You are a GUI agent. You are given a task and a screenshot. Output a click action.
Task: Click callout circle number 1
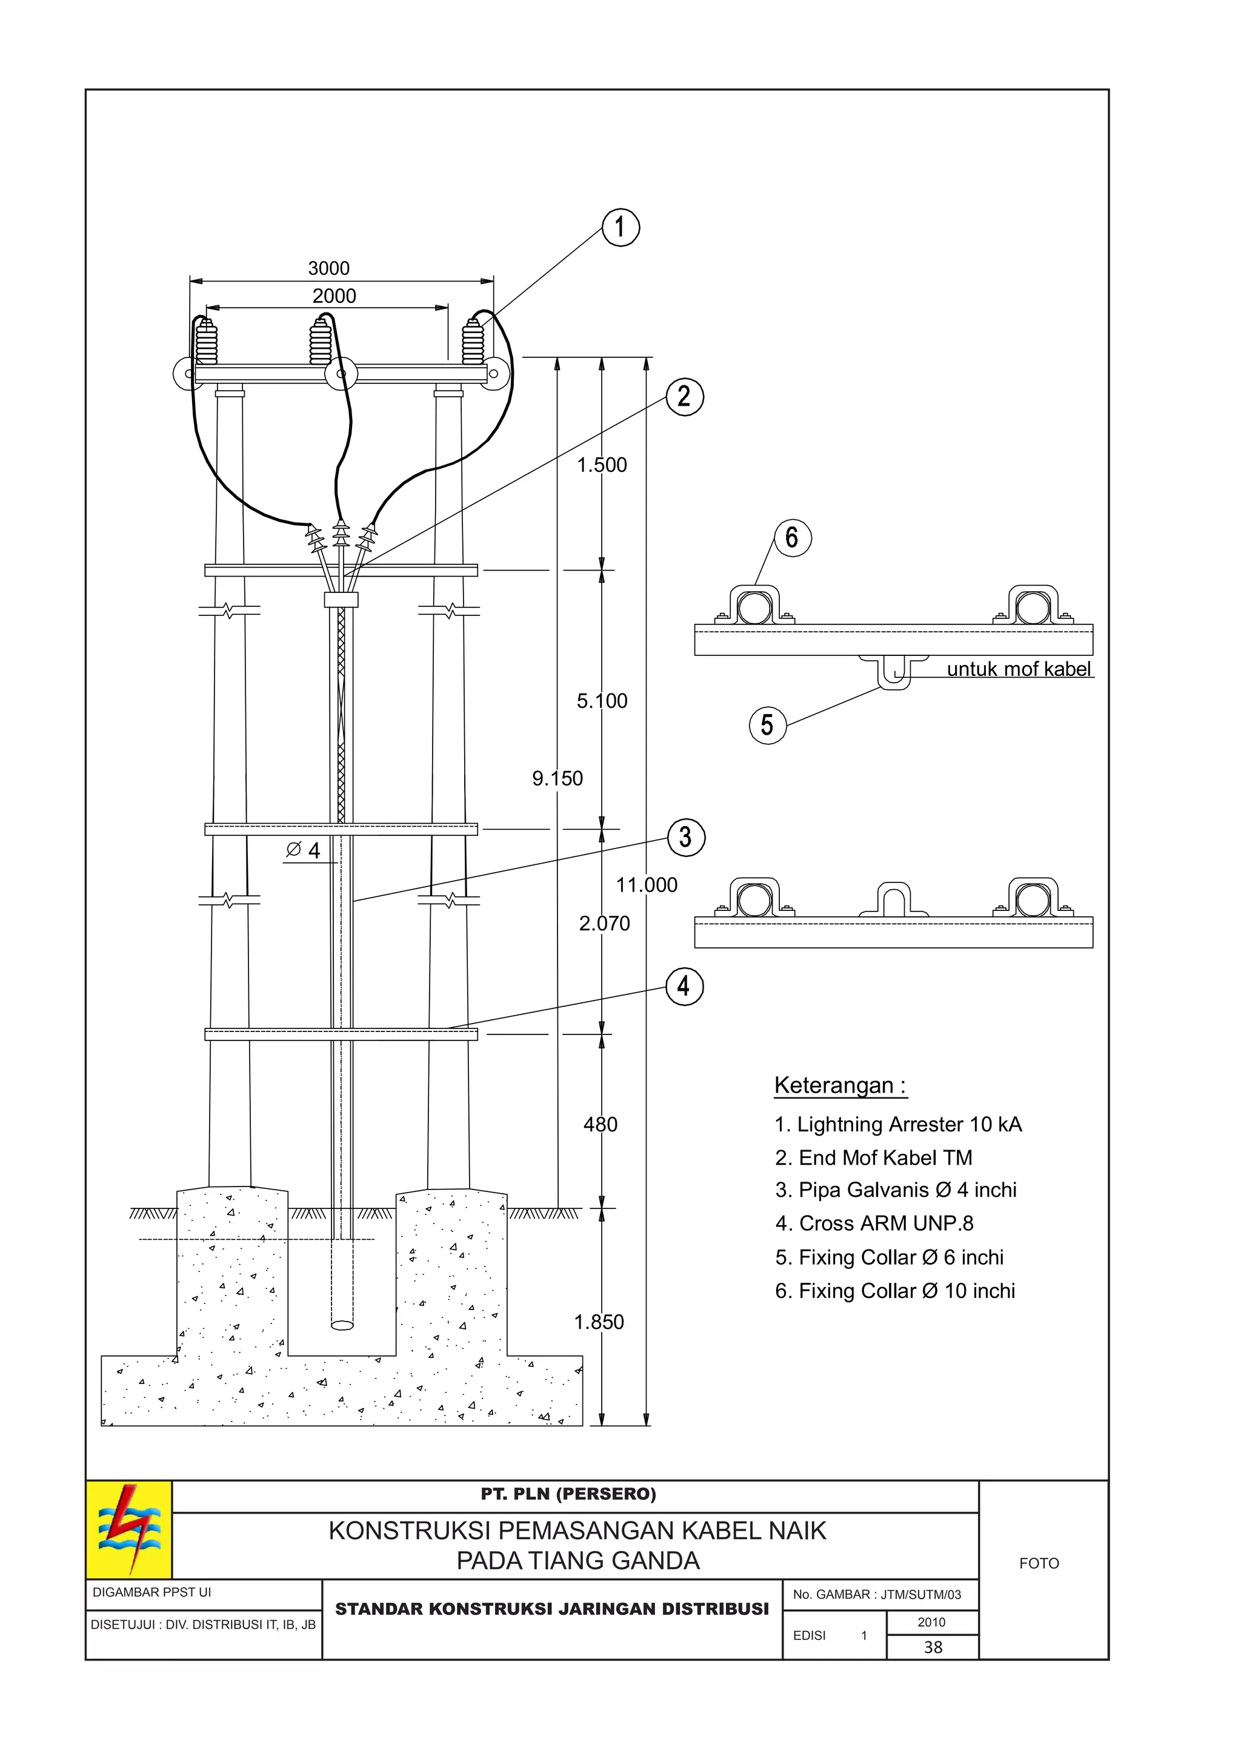point(620,228)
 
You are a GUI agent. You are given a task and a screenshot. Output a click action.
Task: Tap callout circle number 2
point(684,397)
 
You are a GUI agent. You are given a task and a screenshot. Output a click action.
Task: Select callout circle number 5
point(767,725)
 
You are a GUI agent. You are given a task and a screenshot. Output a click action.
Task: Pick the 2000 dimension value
point(334,296)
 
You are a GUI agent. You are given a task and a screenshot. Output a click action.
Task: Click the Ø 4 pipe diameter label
point(304,850)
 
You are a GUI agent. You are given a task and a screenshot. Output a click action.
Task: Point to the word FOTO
point(1039,1563)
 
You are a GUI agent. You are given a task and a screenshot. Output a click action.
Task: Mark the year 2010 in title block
point(931,1622)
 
